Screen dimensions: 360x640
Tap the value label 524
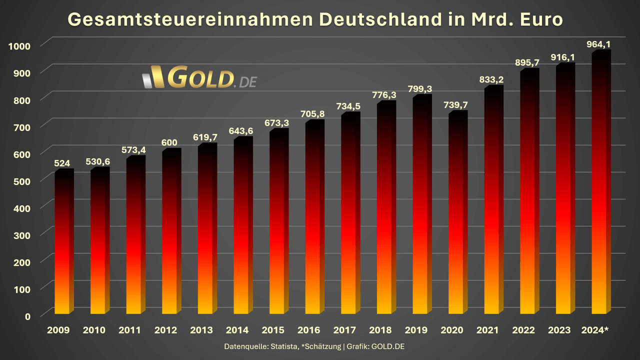pos(62,163)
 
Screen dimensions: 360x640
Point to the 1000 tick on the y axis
pos(20,46)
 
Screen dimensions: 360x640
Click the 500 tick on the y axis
pos(20,181)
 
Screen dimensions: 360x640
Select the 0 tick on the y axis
pos(27,316)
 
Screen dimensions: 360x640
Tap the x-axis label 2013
pos(201,330)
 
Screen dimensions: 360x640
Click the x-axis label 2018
pos(380,330)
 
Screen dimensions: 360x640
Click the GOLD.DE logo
pos(199,77)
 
